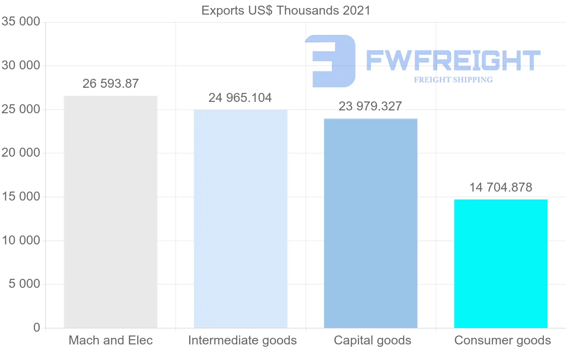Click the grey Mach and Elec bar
pyautogui.click(x=110, y=212)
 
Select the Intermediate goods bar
pyautogui.click(x=241, y=219)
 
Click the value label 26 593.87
pyautogui.click(x=110, y=84)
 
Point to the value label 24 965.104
pyautogui.click(x=240, y=98)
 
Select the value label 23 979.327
pyautogui.click(x=370, y=107)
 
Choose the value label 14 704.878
pyautogui.click(x=500, y=188)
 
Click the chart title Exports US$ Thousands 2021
pyautogui.click(x=286, y=10)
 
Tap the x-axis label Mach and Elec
pyautogui.click(x=111, y=341)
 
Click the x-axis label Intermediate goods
pyautogui.click(x=242, y=341)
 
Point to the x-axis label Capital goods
pyautogui.click(x=373, y=341)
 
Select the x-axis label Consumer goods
pyautogui.click(x=502, y=341)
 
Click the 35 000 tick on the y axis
pyautogui.click(x=21, y=22)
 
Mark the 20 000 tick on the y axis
pyautogui.click(x=21, y=153)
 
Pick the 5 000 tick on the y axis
pyautogui.click(x=24, y=285)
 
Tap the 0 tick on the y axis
pyautogui.click(x=37, y=328)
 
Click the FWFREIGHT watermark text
pyautogui.click(x=453, y=60)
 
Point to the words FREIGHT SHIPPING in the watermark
pyautogui.click(x=453, y=80)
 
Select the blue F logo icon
pyautogui.click(x=330, y=60)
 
